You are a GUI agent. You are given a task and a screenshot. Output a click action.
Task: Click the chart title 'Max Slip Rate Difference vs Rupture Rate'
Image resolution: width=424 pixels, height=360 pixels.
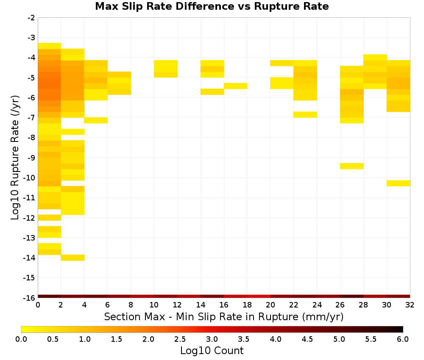click(212, 6)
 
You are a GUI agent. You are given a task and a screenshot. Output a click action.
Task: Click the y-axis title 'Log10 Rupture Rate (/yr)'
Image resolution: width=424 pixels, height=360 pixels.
click(15, 158)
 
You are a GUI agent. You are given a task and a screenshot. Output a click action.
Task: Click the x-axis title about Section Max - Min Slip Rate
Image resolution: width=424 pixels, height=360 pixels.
click(224, 316)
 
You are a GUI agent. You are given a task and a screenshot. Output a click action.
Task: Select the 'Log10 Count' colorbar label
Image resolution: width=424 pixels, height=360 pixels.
click(212, 351)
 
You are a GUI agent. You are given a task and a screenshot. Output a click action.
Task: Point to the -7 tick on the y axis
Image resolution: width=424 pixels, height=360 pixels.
click(31, 118)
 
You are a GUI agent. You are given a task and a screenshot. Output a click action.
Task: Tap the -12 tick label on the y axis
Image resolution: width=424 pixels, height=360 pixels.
click(29, 218)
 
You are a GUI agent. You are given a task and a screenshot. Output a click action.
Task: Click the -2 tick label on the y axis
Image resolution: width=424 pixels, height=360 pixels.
click(31, 18)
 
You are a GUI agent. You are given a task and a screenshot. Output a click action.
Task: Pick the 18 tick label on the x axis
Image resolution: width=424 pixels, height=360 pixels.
click(247, 305)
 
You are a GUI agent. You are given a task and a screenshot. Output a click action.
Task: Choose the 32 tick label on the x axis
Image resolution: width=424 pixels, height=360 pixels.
click(410, 305)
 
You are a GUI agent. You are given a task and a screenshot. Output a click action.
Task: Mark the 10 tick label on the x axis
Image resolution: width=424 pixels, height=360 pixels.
click(154, 305)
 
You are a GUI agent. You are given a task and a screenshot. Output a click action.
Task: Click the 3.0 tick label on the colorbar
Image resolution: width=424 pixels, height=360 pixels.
click(212, 339)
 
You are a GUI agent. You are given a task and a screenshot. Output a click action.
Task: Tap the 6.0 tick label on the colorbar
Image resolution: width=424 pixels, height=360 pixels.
click(403, 339)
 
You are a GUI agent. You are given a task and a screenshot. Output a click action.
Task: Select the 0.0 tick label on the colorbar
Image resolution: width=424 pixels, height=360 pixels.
click(21, 339)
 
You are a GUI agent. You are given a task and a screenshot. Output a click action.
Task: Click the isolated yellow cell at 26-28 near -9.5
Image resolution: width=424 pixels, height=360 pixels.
click(352, 166)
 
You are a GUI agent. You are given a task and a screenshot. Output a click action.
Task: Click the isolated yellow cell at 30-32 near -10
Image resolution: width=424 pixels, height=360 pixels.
click(398, 183)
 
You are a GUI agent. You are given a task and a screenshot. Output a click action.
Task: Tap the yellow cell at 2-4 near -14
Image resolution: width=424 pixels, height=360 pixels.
click(73, 258)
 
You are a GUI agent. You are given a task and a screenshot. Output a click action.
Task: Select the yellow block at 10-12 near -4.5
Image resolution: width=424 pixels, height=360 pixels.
click(166, 69)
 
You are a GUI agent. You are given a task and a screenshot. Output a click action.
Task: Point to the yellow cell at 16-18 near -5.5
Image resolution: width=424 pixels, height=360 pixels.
click(235, 86)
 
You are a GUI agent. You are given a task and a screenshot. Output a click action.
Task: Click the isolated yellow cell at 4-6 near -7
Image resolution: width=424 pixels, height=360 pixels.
click(96, 120)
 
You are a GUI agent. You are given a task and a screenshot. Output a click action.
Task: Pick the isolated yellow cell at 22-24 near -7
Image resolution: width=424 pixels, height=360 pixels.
click(305, 114)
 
